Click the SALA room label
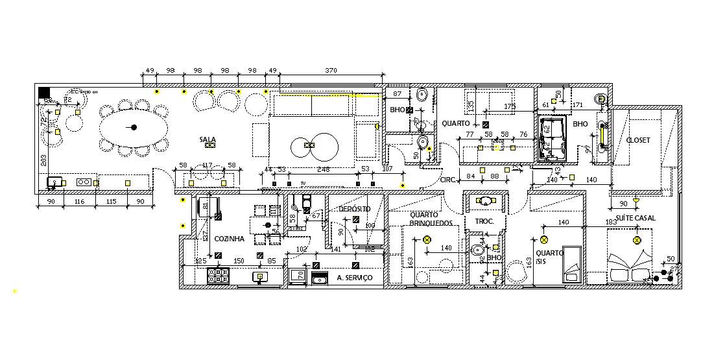[x=208, y=139]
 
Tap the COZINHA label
[x=229, y=239]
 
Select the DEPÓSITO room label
[x=355, y=209]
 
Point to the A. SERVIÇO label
[x=355, y=278]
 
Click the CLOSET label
[x=637, y=140]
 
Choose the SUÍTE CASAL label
[x=636, y=219]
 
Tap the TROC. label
[x=484, y=221]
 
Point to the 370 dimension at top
[x=331, y=70]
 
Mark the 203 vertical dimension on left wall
[x=42, y=160]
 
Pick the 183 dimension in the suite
[x=611, y=222]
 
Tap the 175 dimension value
[x=510, y=106]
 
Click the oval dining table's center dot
[x=134, y=127]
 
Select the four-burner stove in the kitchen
[x=219, y=276]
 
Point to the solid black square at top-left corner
[x=44, y=93]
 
